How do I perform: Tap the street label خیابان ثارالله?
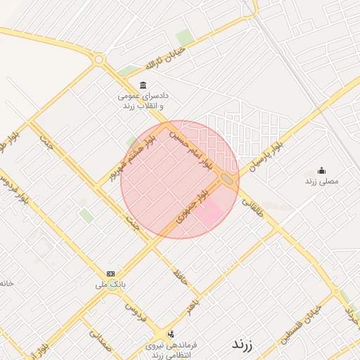click(x=165, y=58)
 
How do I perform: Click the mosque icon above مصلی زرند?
click(x=321, y=170)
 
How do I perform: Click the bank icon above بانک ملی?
click(x=110, y=274)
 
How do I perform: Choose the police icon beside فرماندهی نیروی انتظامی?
click(x=171, y=334)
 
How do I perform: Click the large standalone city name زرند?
click(x=243, y=345)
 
